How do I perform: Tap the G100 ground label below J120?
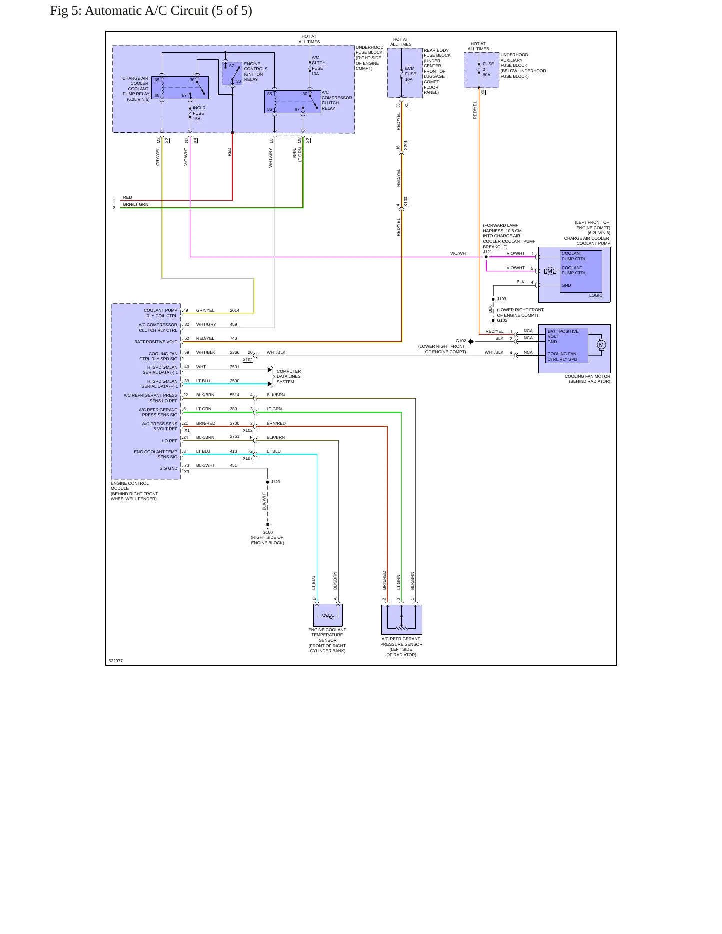point(268,532)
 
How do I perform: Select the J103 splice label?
point(501,299)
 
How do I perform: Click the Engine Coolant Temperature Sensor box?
point(328,615)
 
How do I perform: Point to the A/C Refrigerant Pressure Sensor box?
point(401,619)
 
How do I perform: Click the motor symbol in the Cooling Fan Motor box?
point(601,345)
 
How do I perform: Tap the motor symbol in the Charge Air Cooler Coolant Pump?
point(550,271)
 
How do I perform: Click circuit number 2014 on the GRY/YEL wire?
point(234,310)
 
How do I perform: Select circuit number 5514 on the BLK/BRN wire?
point(234,395)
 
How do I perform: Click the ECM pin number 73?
point(186,465)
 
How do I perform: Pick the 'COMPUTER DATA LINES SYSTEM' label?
point(289,377)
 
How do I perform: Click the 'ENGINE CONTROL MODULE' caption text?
point(130,486)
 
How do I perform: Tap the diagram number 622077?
point(116,661)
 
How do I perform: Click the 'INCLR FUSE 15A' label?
point(199,113)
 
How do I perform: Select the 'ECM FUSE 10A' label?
point(410,74)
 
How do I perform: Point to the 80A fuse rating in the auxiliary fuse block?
point(486,75)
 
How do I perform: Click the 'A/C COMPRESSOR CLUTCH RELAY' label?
point(337,100)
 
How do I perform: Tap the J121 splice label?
point(487,252)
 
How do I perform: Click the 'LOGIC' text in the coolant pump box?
point(596,295)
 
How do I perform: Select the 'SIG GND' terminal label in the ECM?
point(168,468)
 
